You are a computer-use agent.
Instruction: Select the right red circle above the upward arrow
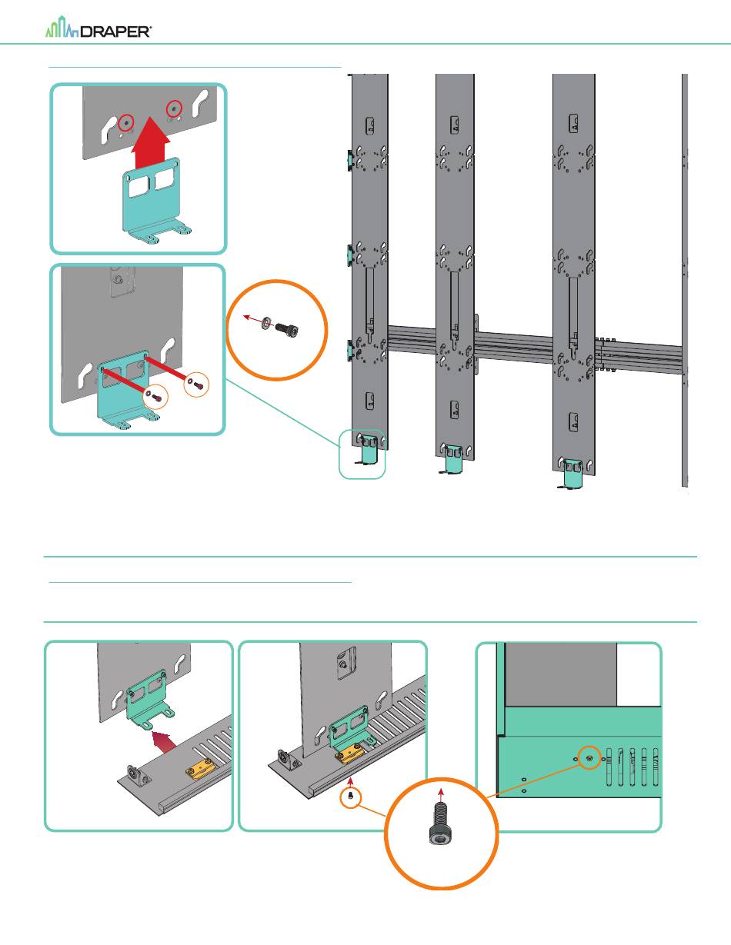point(175,108)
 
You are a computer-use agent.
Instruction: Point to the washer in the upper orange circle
point(265,321)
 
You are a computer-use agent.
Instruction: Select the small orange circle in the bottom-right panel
point(589,757)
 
